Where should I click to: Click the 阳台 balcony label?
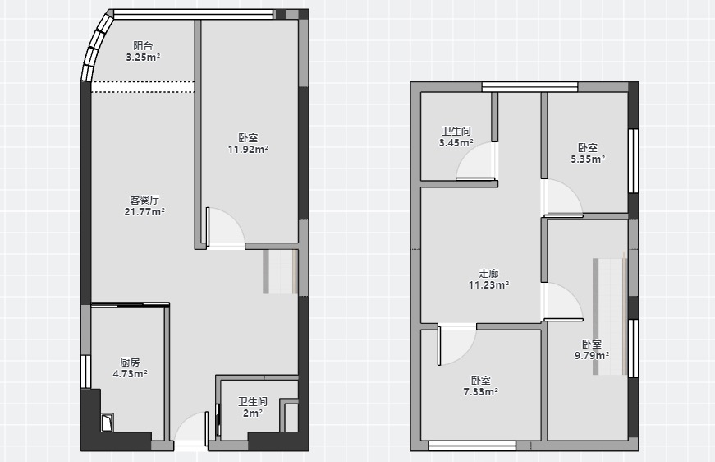tap(143, 46)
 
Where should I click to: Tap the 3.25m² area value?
tap(143, 57)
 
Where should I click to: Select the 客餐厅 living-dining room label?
tap(144, 200)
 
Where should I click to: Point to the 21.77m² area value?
tap(144, 212)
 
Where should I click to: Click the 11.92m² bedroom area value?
tap(248, 150)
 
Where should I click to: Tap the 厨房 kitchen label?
tap(130, 363)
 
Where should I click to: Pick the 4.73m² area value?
tap(130, 374)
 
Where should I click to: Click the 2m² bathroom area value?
tap(253, 413)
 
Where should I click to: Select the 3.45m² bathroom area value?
tap(456, 143)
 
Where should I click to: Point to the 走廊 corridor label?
tap(488, 274)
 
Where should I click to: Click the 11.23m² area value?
tap(488, 285)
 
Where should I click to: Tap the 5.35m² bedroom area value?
tap(589, 159)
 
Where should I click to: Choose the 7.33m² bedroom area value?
tap(480, 391)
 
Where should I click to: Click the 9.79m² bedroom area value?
tap(592, 356)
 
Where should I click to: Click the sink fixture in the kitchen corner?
tap(108, 423)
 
